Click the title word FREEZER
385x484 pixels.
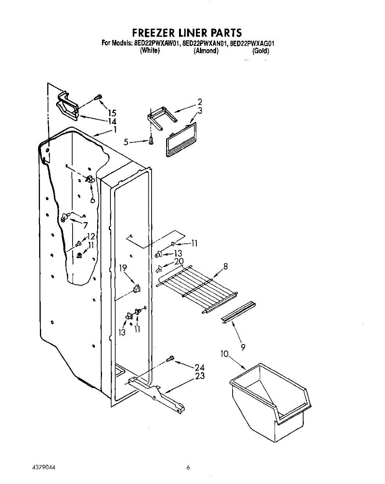(x=154, y=32)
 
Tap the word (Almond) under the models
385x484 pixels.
(x=206, y=51)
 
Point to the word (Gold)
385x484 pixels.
(x=260, y=51)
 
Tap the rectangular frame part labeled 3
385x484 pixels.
(x=181, y=139)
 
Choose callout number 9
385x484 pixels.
(x=243, y=346)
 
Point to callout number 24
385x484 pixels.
(x=200, y=367)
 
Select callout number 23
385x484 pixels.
(x=200, y=376)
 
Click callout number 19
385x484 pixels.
(x=123, y=267)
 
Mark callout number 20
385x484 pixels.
(x=179, y=261)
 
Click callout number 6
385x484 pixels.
(x=92, y=200)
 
